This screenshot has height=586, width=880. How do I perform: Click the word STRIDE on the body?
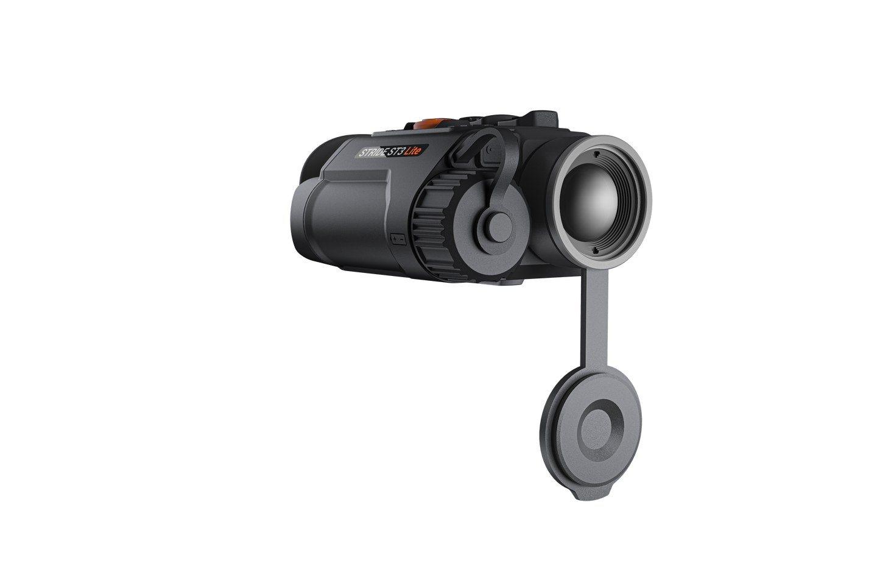coord(371,152)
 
